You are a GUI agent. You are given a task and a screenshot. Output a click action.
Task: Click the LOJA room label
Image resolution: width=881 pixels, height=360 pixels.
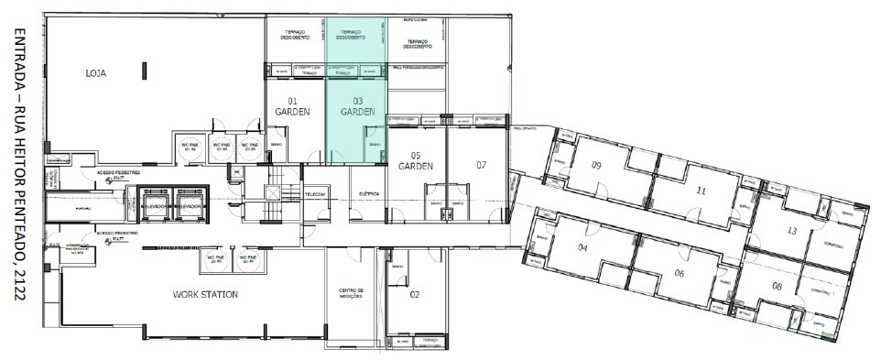tap(98, 73)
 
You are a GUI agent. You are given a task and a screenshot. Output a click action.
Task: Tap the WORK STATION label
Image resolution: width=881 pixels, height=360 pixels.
tap(205, 294)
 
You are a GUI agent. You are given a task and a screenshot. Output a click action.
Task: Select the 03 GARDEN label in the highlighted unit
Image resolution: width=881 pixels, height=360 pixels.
tap(357, 105)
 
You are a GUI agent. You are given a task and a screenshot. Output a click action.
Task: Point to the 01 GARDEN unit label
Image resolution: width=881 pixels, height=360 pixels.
tap(293, 105)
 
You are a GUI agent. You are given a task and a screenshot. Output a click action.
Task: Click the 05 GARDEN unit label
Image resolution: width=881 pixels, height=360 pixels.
tap(415, 160)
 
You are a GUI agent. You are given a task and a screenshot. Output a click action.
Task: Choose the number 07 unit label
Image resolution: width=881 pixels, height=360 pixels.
tap(482, 165)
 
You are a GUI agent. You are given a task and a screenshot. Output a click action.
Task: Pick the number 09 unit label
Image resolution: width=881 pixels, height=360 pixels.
tap(595, 166)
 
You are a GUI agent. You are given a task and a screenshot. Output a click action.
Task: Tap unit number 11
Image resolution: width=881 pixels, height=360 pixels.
tap(702, 191)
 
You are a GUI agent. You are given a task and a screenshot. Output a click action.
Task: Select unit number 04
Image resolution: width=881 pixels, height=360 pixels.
tap(582, 247)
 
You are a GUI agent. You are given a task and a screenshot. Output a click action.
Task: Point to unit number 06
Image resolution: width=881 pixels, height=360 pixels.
tap(680, 274)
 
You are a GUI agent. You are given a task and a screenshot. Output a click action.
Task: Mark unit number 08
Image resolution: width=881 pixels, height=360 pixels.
tap(777, 288)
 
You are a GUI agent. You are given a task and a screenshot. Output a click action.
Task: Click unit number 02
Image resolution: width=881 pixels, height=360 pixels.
tap(415, 294)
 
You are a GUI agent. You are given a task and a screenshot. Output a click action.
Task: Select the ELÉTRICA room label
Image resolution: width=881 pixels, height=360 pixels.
tap(368, 194)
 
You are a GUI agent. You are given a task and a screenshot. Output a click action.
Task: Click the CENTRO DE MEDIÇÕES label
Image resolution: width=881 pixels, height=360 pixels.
tap(352, 294)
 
